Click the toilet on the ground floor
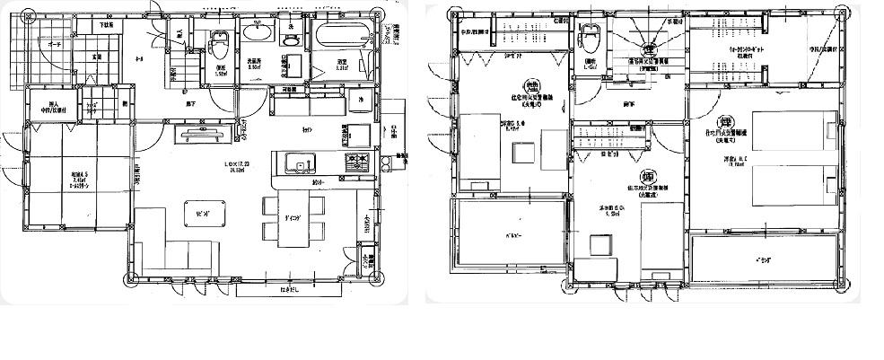tap(218, 44)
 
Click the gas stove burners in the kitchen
tap(355, 162)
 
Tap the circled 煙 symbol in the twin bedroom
tap(720, 123)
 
